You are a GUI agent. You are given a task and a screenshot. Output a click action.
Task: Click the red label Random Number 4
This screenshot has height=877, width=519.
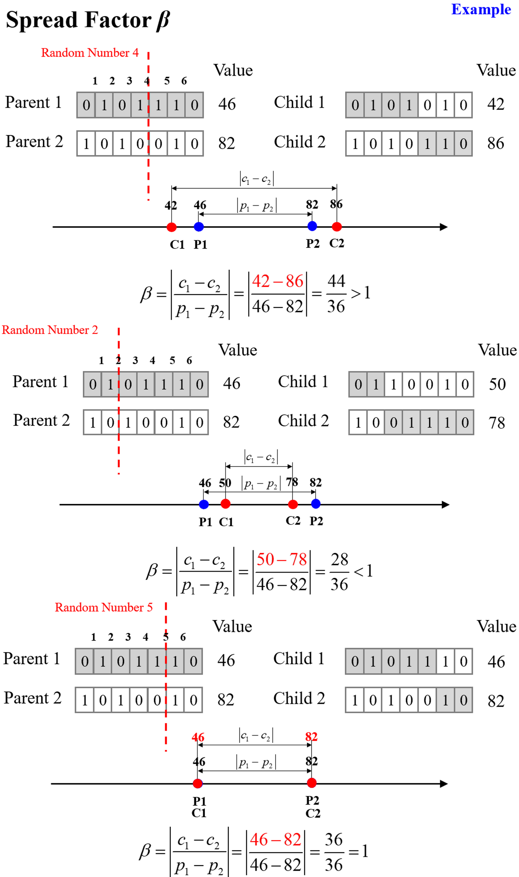pyautogui.click(x=90, y=53)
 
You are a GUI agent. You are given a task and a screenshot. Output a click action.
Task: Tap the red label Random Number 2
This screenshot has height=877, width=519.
pyautogui.click(x=50, y=330)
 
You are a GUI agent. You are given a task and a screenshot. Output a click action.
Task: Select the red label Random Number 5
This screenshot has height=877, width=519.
pyautogui.click(x=103, y=607)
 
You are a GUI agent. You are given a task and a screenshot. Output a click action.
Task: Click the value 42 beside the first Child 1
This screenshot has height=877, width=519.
pyautogui.click(x=496, y=104)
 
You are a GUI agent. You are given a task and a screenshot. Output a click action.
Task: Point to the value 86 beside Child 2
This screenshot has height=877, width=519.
pyautogui.click(x=496, y=143)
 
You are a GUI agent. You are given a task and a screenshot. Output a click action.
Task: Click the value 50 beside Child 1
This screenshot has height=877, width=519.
pyautogui.click(x=497, y=384)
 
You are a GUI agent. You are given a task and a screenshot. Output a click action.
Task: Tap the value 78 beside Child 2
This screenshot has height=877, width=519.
pyautogui.click(x=497, y=423)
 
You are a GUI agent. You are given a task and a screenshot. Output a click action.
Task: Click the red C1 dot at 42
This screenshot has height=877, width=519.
pyautogui.click(x=171, y=227)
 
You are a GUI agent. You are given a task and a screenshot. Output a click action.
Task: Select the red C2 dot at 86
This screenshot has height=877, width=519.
pyautogui.click(x=336, y=227)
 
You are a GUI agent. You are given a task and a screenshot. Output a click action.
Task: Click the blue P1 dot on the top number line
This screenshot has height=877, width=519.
pyautogui.click(x=199, y=227)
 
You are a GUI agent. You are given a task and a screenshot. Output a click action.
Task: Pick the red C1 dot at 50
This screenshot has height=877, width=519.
pyautogui.click(x=225, y=504)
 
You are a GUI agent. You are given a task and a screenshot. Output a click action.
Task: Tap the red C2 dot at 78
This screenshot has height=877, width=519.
pyautogui.click(x=293, y=504)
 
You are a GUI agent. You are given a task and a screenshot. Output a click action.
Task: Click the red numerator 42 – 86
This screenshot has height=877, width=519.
pyautogui.click(x=277, y=282)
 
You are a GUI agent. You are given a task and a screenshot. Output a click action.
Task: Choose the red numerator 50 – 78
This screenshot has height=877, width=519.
pyautogui.click(x=282, y=559)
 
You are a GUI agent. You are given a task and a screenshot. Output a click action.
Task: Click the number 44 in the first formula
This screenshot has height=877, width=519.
pyautogui.click(x=336, y=281)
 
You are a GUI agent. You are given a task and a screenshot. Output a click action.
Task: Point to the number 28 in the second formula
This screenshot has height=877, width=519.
pyautogui.click(x=339, y=559)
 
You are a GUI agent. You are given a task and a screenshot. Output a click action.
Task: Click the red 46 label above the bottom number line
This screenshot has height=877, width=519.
pyautogui.click(x=198, y=738)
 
